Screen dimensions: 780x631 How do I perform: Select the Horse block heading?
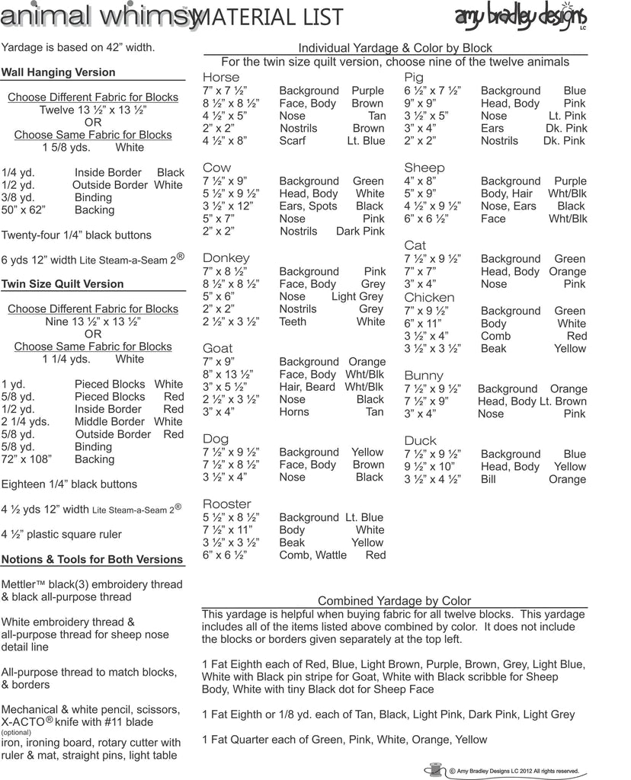coord(221,77)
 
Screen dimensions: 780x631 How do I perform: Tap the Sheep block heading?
coord(424,168)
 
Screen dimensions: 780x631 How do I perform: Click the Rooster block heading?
coord(226,503)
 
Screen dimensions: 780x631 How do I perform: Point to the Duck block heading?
coord(421,440)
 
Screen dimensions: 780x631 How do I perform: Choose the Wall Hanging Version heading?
coord(59,72)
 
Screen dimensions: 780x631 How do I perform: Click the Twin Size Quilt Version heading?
coord(62,284)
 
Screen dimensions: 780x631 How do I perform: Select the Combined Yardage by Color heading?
coord(394,601)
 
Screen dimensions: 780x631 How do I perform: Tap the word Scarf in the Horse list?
coord(293,141)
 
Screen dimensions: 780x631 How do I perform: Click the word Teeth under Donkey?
coord(293,321)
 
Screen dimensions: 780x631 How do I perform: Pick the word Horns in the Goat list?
coord(294,412)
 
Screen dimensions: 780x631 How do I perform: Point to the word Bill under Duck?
coord(488,480)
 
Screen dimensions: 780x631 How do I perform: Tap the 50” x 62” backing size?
coord(27,209)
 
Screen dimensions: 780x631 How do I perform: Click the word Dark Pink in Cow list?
coord(360,232)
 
